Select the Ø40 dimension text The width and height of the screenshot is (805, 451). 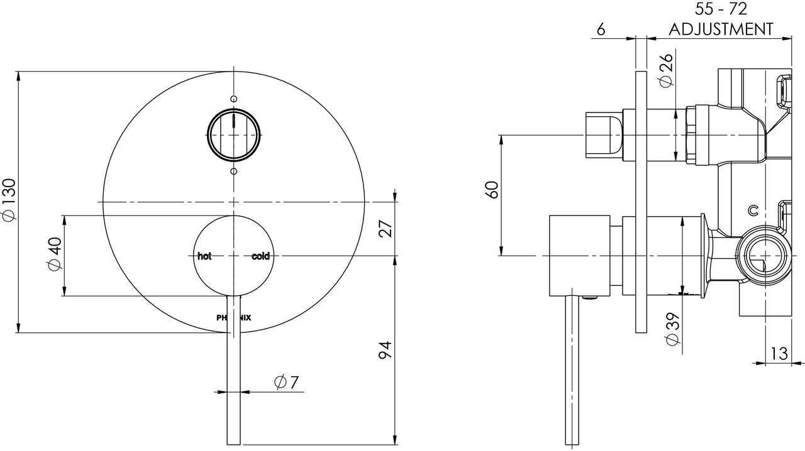pyautogui.click(x=55, y=254)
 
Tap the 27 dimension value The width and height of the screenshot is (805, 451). pyautogui.click(x=386, y=229)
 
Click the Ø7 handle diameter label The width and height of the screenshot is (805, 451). pyautogui.click(x=286, y=383)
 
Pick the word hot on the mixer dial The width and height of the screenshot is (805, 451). pyautogui.click(x=204, y=256)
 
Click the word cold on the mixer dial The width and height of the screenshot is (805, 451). pyautogui.click(x=260, y=256)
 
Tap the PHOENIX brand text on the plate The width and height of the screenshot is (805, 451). pyautogui.click(x=233, y=318)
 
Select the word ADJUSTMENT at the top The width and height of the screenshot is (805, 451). pyautogui.click(x=721, y=29)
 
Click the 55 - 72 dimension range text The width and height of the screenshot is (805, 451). pyautogui.click(x=721, y=9)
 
